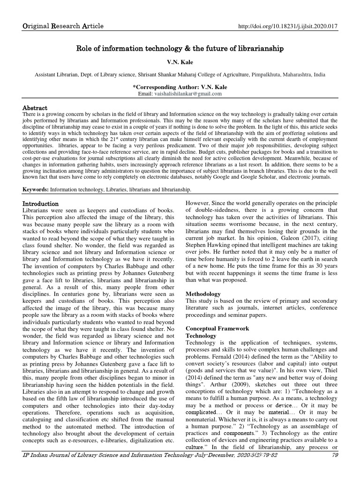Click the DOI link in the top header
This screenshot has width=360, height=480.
288,26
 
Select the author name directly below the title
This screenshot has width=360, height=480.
180,62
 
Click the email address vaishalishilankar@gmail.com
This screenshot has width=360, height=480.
186,94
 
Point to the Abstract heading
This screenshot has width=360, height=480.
35,108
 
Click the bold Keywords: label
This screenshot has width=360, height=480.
36,189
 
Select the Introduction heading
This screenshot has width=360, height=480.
41,204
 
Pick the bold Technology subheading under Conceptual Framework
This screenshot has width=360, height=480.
201,336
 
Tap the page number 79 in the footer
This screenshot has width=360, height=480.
334,455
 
